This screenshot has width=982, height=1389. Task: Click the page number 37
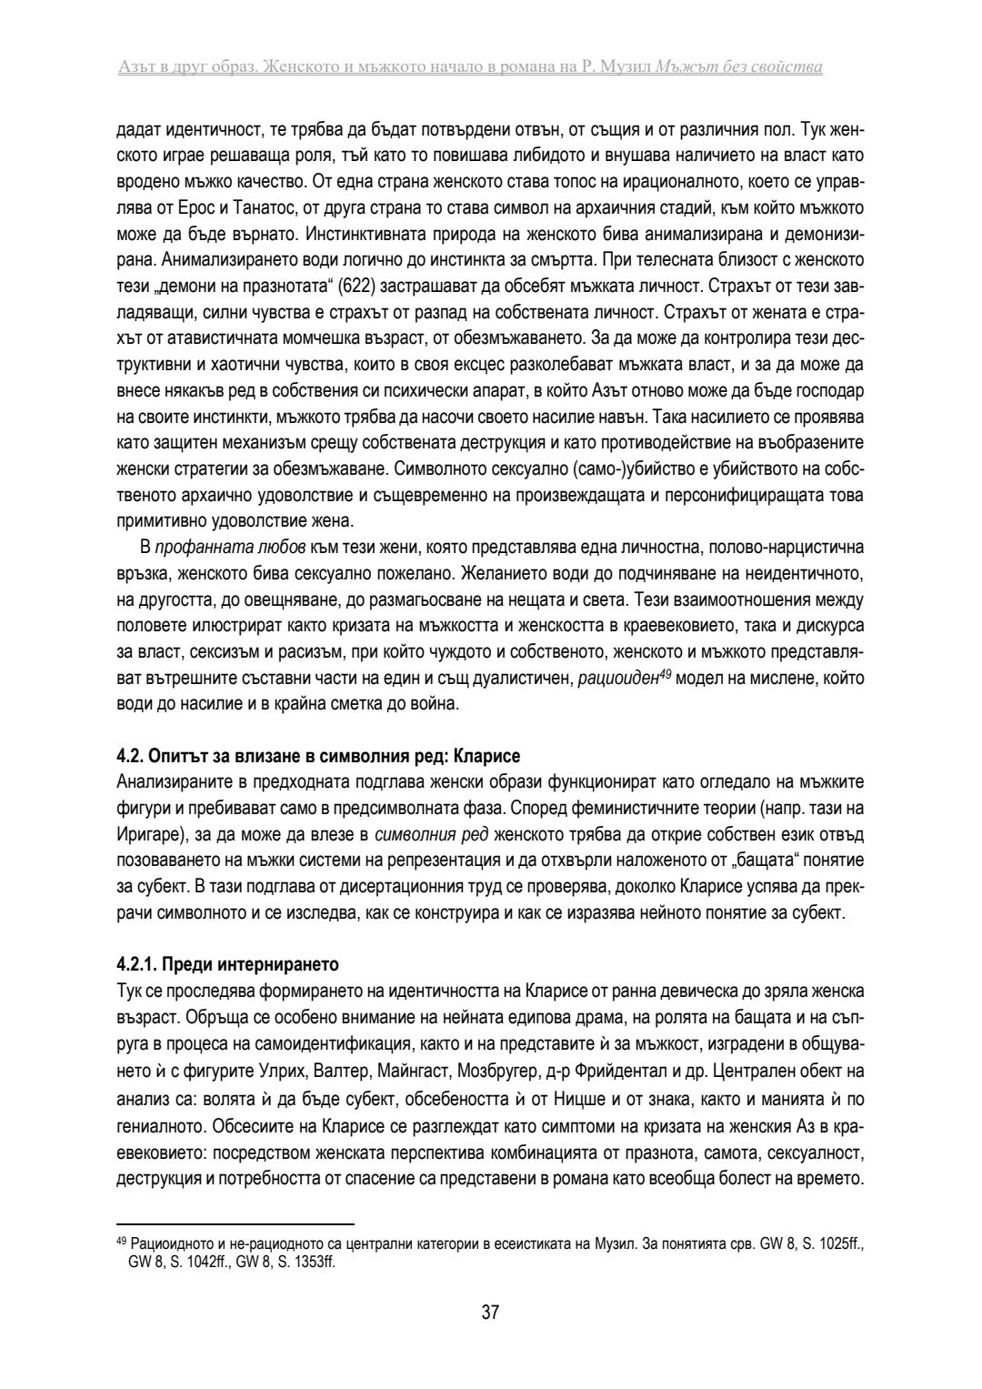coord(490,1313)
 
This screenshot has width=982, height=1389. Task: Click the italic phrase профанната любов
coord(205,549)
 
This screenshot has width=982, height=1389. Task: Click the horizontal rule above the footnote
coord(235,1224)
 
